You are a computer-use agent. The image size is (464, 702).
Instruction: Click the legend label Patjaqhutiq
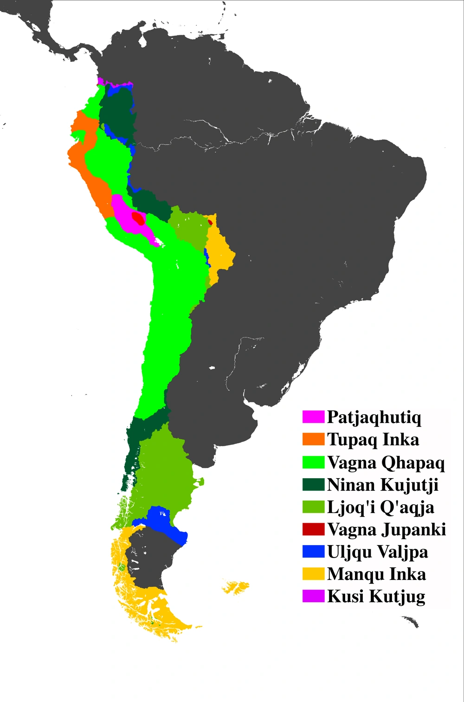(374, 417)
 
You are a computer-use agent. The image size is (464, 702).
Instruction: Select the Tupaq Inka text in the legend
(373, 439)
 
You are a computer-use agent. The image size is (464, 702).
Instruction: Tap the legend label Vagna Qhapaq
(386, 462)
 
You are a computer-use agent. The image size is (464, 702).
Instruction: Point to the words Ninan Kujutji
(382, 484)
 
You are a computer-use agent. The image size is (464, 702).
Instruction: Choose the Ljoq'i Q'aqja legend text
(380, 507)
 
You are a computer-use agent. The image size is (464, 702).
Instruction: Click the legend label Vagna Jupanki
(386, 529)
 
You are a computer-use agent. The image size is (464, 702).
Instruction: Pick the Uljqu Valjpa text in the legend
(377, 552)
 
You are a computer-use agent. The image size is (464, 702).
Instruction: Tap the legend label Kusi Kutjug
(376, 596)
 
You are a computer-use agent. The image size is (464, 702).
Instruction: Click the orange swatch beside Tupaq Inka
(313, 439)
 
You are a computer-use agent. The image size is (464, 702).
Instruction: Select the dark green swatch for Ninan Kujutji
(313, 484)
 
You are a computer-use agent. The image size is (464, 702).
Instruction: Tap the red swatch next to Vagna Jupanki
(313, 529)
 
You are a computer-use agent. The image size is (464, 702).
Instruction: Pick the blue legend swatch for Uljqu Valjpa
(313, 552)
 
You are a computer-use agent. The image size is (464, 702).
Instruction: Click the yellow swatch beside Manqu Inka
(313, 574)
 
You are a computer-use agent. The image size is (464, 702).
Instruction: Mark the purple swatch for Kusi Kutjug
(313, 596)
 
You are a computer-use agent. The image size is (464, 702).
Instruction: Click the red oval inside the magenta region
(138, 218)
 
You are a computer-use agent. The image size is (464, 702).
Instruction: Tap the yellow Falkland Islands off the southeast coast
(237, 587)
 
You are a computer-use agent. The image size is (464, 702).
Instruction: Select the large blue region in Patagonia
(165, 522)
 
